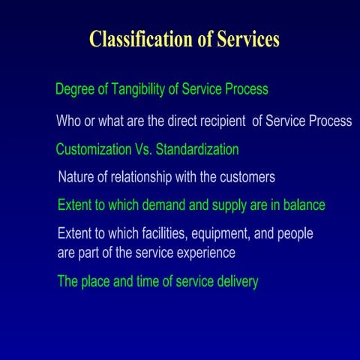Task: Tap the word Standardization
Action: (196, 149)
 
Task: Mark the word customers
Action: (247, 178)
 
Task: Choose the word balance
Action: (303, 205)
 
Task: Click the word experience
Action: (206, 253)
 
